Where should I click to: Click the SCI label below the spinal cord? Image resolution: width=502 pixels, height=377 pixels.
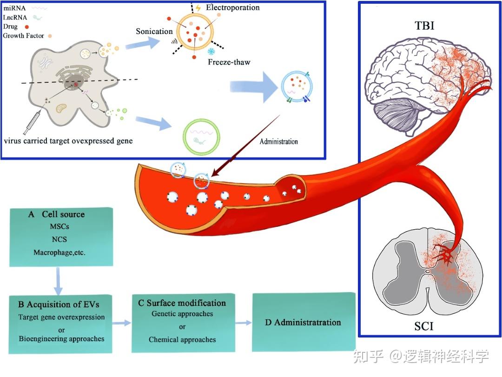point(423,326)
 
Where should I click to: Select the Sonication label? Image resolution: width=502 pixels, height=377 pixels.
point(154,32)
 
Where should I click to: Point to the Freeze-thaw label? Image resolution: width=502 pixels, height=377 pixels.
point(229,62)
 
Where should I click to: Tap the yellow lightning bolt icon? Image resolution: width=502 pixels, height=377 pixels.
point(198,7)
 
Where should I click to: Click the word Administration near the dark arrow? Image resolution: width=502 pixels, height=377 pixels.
point(279,141)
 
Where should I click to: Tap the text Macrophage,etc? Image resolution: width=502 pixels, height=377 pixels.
point(59,252)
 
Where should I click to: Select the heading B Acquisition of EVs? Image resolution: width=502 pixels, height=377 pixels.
point(59,304)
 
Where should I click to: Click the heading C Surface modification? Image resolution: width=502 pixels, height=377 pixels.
point(182,303)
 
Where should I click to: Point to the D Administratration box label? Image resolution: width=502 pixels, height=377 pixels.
point(303,322)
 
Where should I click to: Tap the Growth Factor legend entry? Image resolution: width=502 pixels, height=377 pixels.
point(24,35)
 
